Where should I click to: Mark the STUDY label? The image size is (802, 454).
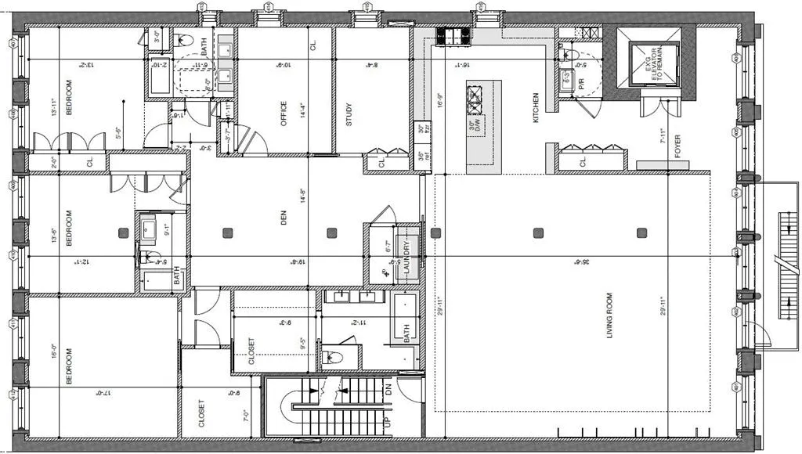point(349,114)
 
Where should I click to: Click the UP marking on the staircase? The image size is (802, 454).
point(385,422)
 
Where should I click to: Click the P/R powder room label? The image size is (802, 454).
point(582,82)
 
